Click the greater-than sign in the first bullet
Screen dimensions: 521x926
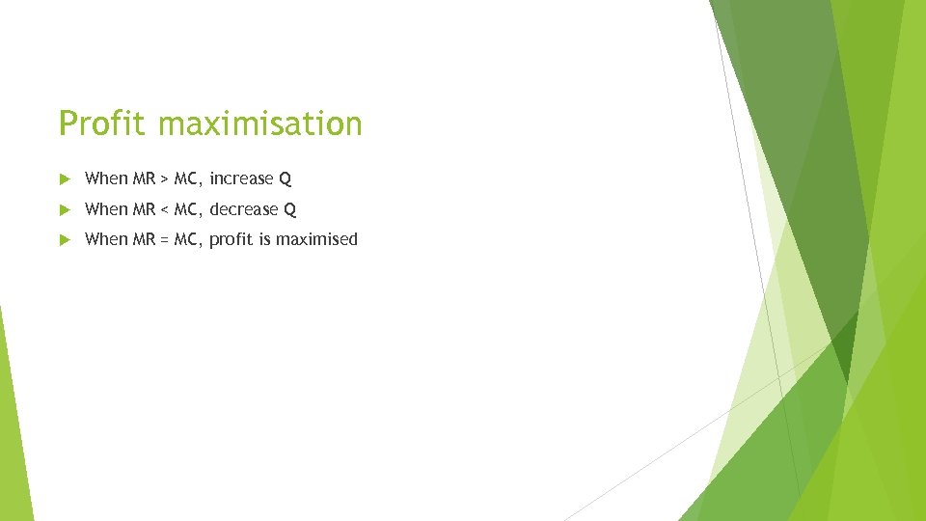[164, 179]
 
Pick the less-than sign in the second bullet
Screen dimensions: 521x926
[164, 209]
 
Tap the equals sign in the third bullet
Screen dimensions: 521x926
[164, 240]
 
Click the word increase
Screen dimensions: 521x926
[241, 178]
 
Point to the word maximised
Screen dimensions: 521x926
[316, 239]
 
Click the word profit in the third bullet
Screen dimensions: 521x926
[231, 239]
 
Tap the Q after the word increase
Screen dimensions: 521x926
[286, 179]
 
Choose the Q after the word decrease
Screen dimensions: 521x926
[290, 209]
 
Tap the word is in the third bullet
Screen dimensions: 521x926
[264, 239]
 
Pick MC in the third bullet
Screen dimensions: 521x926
[187, 239]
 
